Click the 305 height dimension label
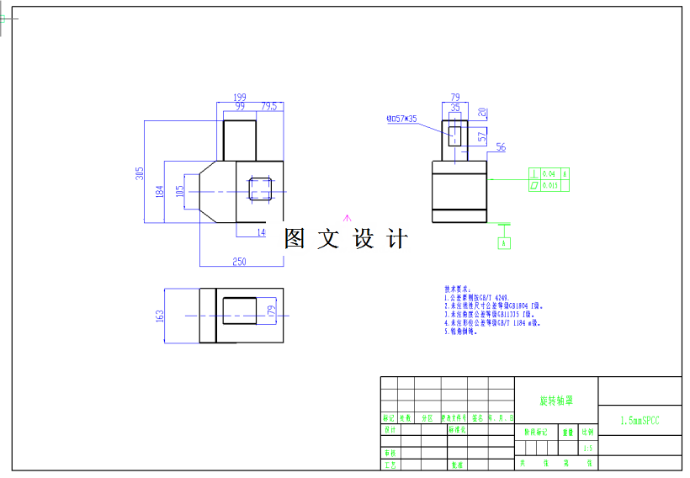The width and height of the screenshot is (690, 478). tap(141, 173)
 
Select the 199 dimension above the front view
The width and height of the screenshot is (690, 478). tap(240, 98)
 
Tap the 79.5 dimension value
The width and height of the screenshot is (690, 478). tap(268, 107)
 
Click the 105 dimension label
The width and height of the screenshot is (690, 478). tap(178, 193)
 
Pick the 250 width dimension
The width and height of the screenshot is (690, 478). tap(239, 262)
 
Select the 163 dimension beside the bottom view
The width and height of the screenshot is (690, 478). tap(160, 316)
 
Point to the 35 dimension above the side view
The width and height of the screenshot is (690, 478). tap(455, 108)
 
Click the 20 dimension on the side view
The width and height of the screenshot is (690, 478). tap(482, 113)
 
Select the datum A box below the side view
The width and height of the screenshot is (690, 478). tap(505, 243)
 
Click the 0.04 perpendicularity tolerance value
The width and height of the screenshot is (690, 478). tap(549, 173)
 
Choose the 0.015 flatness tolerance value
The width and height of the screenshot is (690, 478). tap(551, 184)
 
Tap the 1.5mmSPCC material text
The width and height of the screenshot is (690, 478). tap(640, 419)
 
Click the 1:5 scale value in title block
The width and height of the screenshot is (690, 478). tap(587, 449)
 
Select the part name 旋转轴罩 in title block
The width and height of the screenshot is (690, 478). tap(556, 401)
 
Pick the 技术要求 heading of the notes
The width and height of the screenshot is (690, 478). tap(459, 289)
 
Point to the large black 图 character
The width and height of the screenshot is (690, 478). tap(295, 239)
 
